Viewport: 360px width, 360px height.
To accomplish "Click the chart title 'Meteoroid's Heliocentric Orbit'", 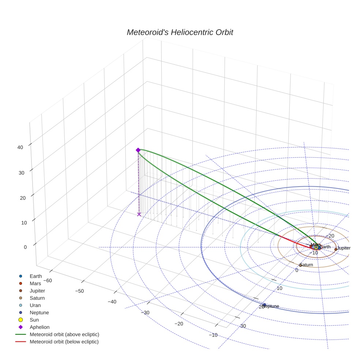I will click(x=180, y=32).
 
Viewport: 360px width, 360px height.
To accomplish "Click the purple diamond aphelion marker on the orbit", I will click(x=138, y=150).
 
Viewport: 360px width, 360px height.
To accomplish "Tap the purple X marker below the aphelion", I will click(x=139, y=214).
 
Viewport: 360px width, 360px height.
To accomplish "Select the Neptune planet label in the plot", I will click(x=271, y=306).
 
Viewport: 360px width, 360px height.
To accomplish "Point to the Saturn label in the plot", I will click(x=306, y=265).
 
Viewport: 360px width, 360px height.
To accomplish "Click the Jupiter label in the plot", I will click(x=344, y=248).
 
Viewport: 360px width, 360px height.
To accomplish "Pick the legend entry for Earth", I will click(x=35, y=276).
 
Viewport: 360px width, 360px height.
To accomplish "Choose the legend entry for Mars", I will click(x=35, y=283).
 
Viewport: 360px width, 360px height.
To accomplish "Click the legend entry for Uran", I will click(x=35, y=305).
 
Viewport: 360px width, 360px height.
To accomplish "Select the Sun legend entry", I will click(x=34, y=320).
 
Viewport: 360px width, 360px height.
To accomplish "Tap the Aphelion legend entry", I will click(x=39, y=327).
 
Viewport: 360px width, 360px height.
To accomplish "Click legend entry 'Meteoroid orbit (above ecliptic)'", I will click(x=64, y=334).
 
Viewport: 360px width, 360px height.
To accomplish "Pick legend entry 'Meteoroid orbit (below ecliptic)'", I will click(x=64, y=342).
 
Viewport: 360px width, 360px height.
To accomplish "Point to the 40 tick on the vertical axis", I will click(x=20, y=147).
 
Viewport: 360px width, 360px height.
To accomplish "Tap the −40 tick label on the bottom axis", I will click(x=112, y=302).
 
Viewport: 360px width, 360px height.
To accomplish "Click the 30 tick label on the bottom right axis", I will click(x=243, y=326).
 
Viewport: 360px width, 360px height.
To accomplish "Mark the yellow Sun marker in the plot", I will click(x=316, y=247).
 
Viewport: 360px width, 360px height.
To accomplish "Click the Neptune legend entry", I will click(x=39, y=312).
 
